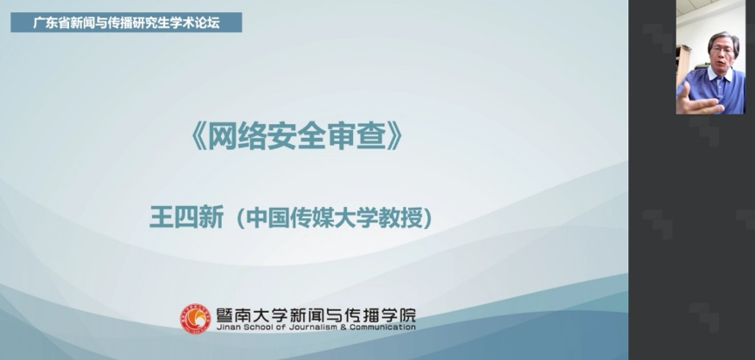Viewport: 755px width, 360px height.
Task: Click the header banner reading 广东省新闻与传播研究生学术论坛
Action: click(x=126, y=23)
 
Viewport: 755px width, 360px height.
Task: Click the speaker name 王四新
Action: click(x=186, y=218)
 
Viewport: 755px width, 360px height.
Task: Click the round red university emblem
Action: click(x=196, y=319)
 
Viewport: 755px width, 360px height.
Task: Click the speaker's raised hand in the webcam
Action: click(x=695, y=98)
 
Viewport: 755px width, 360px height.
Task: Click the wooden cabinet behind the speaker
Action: click(x=682, y=65)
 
